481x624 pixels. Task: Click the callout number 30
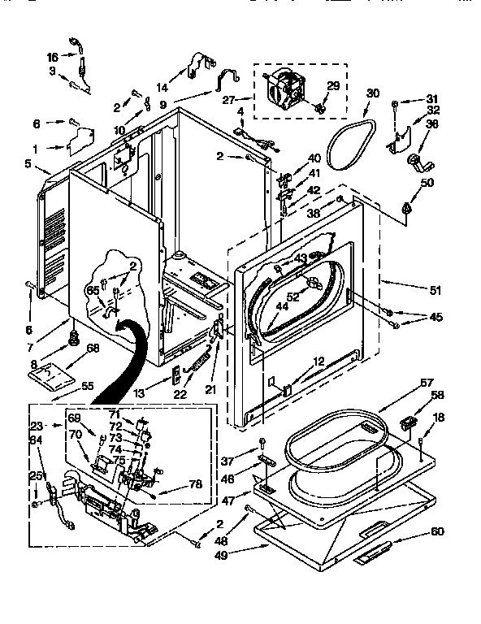(373, 93)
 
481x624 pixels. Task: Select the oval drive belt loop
(353, 144)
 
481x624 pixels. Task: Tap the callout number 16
(52, 58)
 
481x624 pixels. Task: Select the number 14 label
(162, 88)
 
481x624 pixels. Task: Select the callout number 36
(432, 123)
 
